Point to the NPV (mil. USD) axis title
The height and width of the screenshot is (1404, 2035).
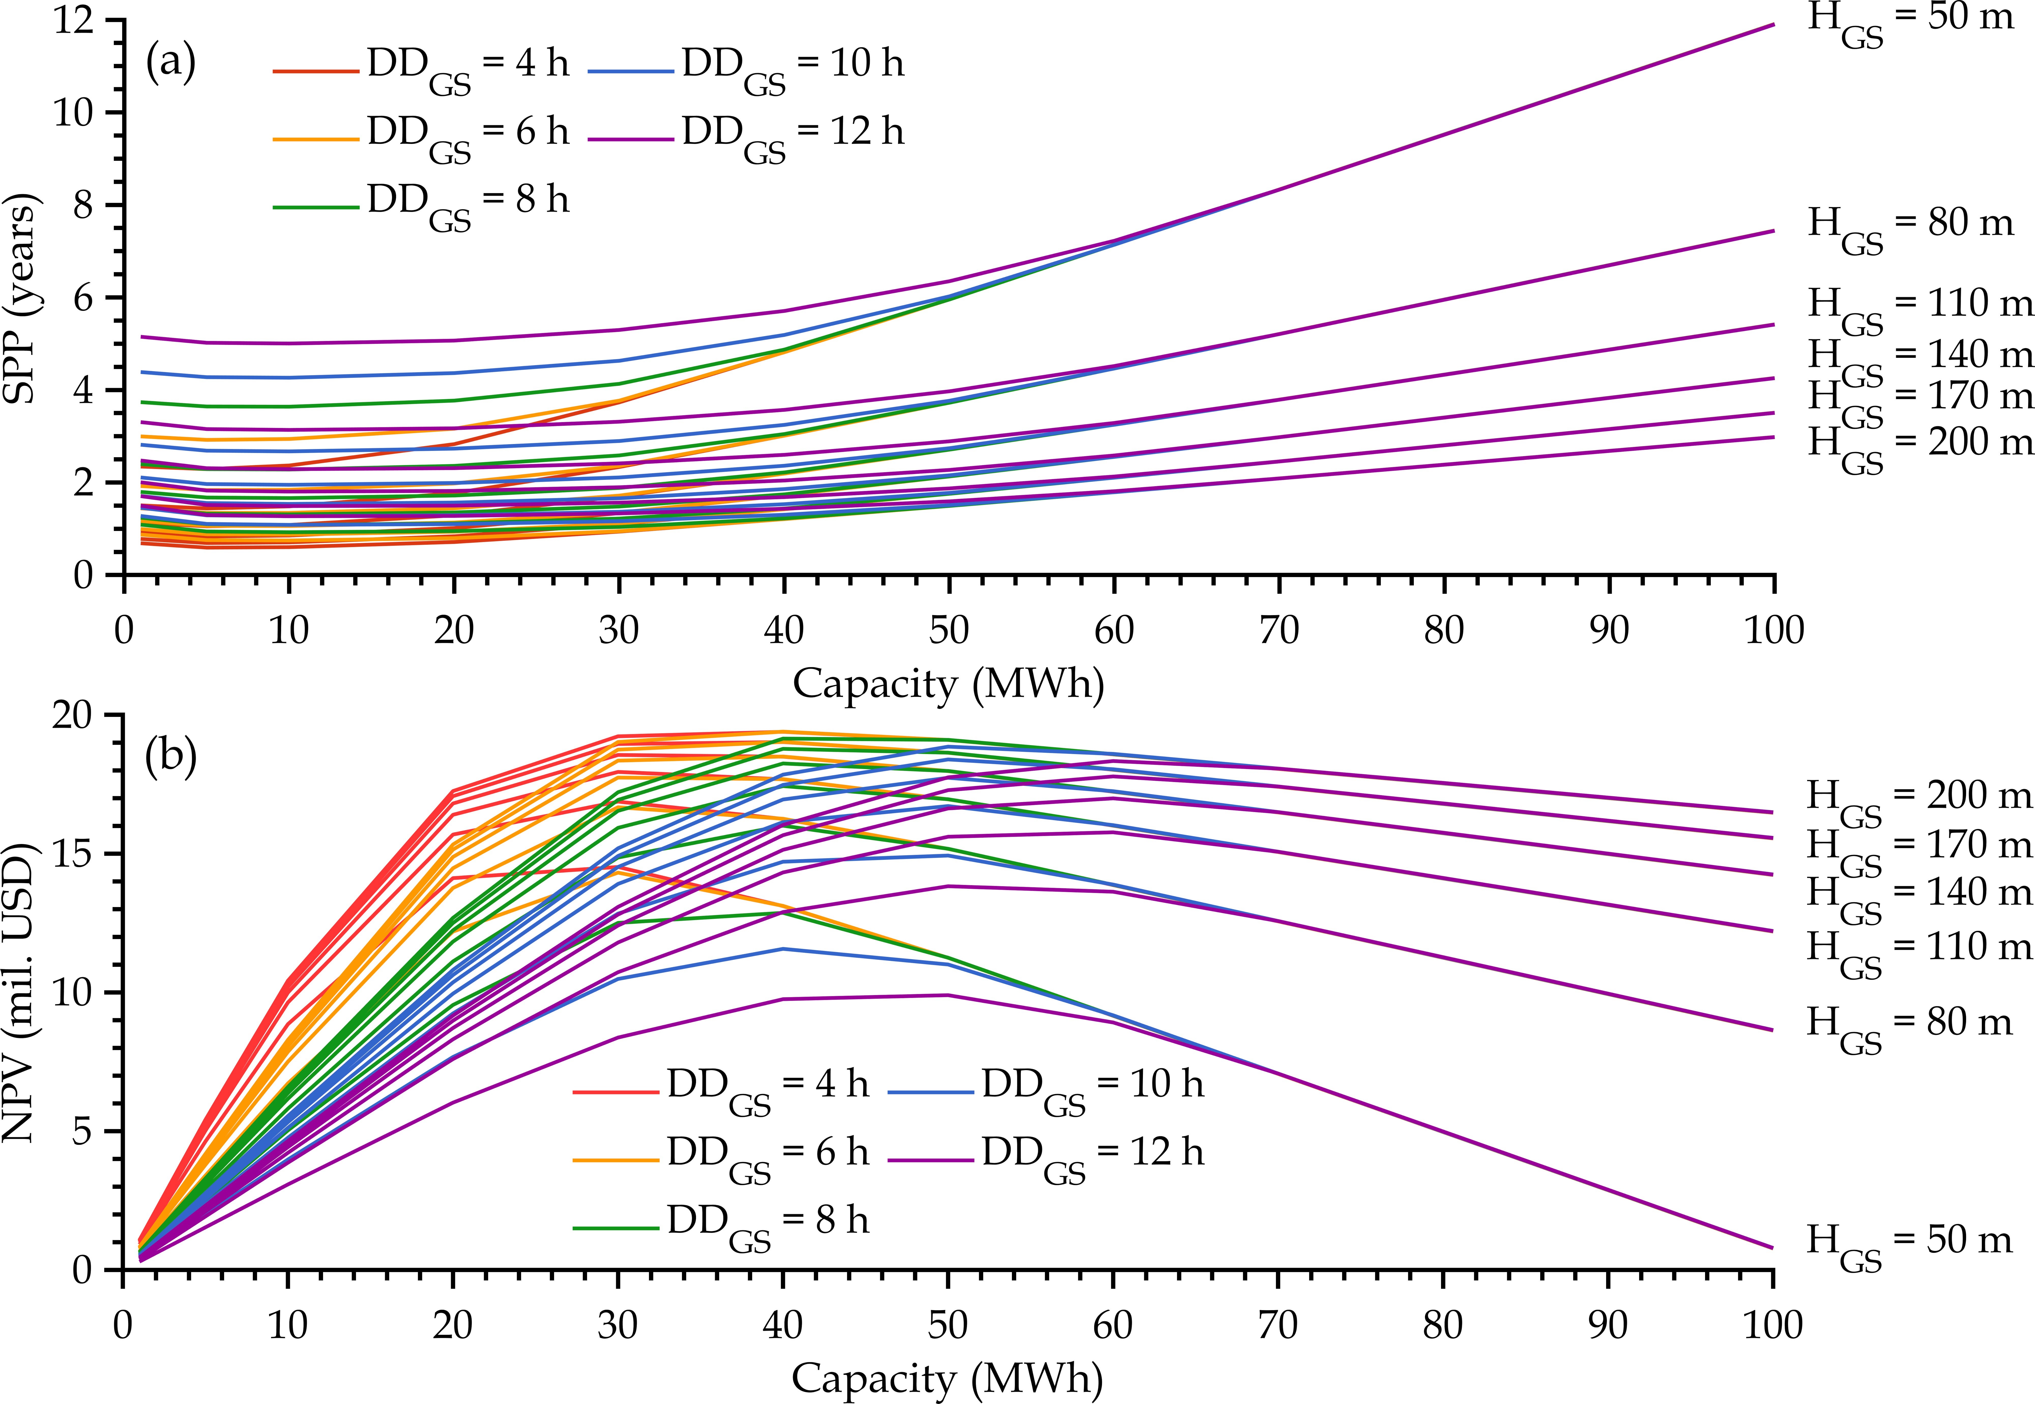coord(19,992)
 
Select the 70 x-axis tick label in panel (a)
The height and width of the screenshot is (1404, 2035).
coord(1278,630)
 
